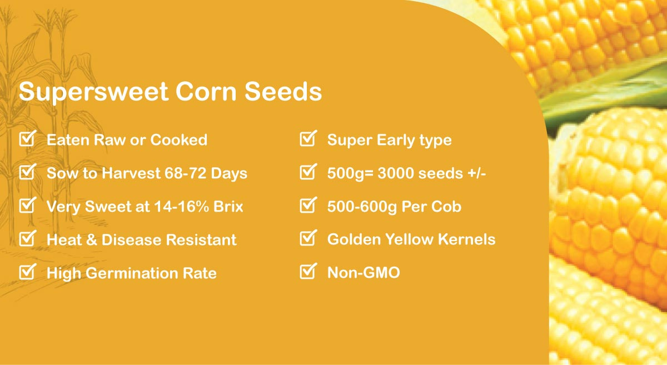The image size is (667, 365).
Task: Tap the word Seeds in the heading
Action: coord(283,91)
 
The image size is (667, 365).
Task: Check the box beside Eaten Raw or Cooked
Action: coord(27,138)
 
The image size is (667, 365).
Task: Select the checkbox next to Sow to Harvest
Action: coord(27,172)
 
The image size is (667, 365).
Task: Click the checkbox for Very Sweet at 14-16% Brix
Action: coord(27,205)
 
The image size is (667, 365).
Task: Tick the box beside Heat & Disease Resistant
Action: coord(27,238)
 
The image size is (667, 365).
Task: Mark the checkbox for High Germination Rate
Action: coord(27,272)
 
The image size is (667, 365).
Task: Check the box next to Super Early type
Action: coord(308,138)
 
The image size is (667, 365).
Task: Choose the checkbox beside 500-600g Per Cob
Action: coord(308,205)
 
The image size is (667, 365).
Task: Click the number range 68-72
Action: coord(185,173)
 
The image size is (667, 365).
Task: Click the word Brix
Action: coord(228,207)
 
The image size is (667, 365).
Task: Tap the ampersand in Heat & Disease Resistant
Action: coord(91,240)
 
